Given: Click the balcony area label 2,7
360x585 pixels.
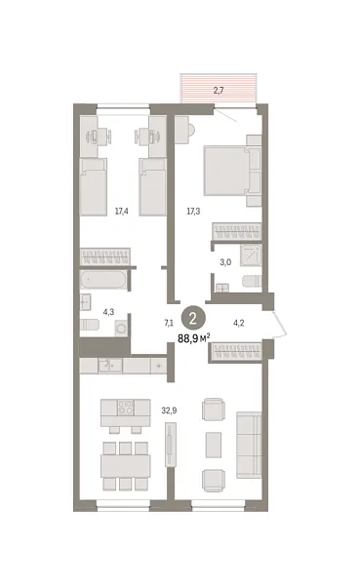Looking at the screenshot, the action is (x=219, y=91).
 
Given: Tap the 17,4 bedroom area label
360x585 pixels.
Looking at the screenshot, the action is (x=122, y=212).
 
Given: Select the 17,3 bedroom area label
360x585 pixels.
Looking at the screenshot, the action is (x=193, y=212).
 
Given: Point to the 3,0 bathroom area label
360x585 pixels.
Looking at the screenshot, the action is (x=225, y=262).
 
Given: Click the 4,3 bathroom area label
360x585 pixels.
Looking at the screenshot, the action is (x=108, y=312).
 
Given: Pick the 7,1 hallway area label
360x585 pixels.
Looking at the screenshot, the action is (x=169, y=323).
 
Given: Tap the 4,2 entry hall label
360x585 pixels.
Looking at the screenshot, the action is (x=239, y=323).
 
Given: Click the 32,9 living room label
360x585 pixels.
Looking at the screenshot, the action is (x=169, y=410).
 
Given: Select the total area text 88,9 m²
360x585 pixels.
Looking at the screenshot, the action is (x=194, y=338).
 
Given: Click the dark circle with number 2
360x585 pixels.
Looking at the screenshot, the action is (x=193, y=318).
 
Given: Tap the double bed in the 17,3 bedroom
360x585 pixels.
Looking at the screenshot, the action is (x=232, y=171).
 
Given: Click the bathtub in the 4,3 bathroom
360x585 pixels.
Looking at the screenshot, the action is (x=103, y=280).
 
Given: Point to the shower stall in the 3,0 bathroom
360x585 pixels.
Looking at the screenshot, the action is (x=251, y=255).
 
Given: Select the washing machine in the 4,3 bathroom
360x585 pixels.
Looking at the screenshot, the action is (x=121, y=328).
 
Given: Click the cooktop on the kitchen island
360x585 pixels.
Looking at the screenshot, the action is (x=126, y=408).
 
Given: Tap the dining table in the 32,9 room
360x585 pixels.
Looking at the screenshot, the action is (x=126, y=466).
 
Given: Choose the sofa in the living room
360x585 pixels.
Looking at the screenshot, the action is (x=249, y=445).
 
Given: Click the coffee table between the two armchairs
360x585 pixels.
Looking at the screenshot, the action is (x=214, y=445).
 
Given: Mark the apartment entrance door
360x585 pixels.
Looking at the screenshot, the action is (x=280, y=325).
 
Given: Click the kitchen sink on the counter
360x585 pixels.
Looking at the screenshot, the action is (x=110, y=366).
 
